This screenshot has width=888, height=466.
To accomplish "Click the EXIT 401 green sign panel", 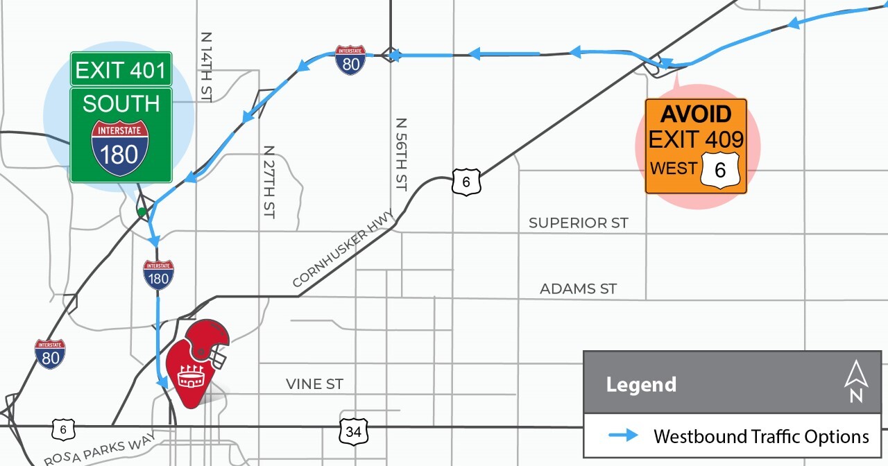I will pyautogui.click(x=121, y=69).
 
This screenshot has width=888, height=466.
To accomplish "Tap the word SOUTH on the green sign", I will pyautogui.click(x=121, y=103).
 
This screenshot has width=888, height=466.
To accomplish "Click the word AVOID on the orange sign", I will pyautogui.click(x=696, y=114).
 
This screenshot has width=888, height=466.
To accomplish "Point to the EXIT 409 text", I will pyautogui.click(x=696, y=139).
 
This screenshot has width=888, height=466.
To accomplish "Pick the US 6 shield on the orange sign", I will pyautogui.click(x=720, y=169).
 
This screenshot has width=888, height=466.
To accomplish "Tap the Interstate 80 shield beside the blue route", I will pyautogui.click(x=351, y=60).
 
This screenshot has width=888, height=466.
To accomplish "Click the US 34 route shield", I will pyautogui.click(x=354, y=431).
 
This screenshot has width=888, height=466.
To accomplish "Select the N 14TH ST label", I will pyautogui.click(x=205, y=67).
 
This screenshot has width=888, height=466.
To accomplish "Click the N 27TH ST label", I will pyautogui.click(x=269, y=182).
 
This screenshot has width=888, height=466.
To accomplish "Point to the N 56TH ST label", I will pyautogui.click(x=401, y=154).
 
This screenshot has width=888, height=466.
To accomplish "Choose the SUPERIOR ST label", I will pyautogui.click(x=578, y=223).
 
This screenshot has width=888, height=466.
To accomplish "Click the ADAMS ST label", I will pyautogui.click(x=578, y=288).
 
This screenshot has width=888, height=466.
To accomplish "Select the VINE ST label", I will pyautogui.click(x=314, y=384).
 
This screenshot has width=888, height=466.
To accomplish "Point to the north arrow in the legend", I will pyautogui.click(x=856, y=381).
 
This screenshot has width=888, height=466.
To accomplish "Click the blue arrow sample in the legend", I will pyautogui.click(x=623, y=435).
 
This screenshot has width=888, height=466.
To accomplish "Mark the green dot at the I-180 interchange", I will pyautogui.click(x=142, y=212).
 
